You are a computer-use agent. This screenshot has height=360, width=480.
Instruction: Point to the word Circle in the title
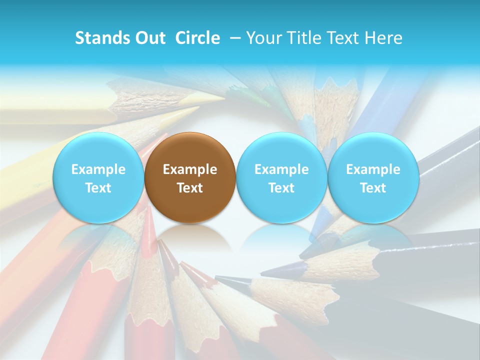(x=197, y=38)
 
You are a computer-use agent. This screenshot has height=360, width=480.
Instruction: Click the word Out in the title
(x=148, y=38)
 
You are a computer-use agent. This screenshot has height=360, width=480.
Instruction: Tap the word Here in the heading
(x=384, y=38)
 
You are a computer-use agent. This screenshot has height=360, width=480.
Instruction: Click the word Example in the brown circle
(x=190, y=169)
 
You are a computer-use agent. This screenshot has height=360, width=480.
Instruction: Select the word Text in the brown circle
(x=190, y=188)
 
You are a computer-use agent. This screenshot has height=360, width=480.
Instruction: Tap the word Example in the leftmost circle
(x=98, y=169)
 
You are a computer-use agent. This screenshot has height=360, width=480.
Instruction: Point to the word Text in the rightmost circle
(x=373, y=188)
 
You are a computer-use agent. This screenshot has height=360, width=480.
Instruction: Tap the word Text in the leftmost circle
(x=98, y=188)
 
